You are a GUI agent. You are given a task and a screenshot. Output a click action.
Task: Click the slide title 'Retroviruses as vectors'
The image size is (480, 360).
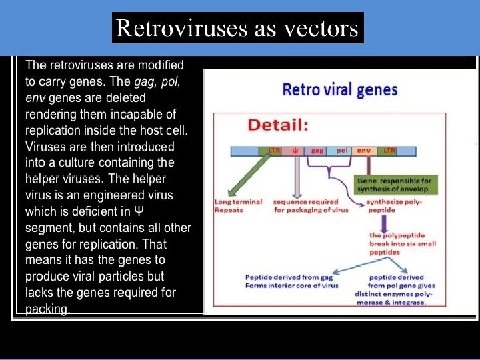(x=237, y=28)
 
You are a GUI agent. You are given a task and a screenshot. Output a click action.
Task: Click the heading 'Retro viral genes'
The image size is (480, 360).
(x=340, y=89)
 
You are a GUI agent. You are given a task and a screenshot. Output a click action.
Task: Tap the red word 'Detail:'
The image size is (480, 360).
(x=278, y=125)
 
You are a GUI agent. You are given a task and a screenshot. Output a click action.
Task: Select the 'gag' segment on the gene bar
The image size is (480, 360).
(x=317, y=151)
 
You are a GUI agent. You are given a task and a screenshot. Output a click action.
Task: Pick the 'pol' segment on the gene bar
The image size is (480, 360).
(x=341, y=151)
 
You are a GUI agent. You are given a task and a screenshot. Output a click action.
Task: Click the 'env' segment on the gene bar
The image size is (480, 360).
(x=363, y=151)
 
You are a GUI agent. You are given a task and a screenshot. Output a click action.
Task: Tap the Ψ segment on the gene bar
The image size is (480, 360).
(x=295, y=151)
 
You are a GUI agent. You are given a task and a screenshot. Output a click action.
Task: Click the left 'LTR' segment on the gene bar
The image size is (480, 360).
(x=274, y=151)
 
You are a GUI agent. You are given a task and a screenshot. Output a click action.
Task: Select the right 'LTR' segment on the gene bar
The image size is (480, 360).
(x=389, y=151)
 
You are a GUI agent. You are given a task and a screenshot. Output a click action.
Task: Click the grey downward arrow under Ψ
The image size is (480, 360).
(x=297, y=176)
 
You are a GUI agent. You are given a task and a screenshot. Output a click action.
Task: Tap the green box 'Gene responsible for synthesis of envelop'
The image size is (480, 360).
(x=395, y=185)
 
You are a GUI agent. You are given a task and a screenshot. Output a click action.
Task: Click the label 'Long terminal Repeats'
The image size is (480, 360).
(x=238, y=205)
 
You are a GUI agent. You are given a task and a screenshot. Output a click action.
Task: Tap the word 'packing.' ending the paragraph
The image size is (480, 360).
(x=47, y=309)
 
